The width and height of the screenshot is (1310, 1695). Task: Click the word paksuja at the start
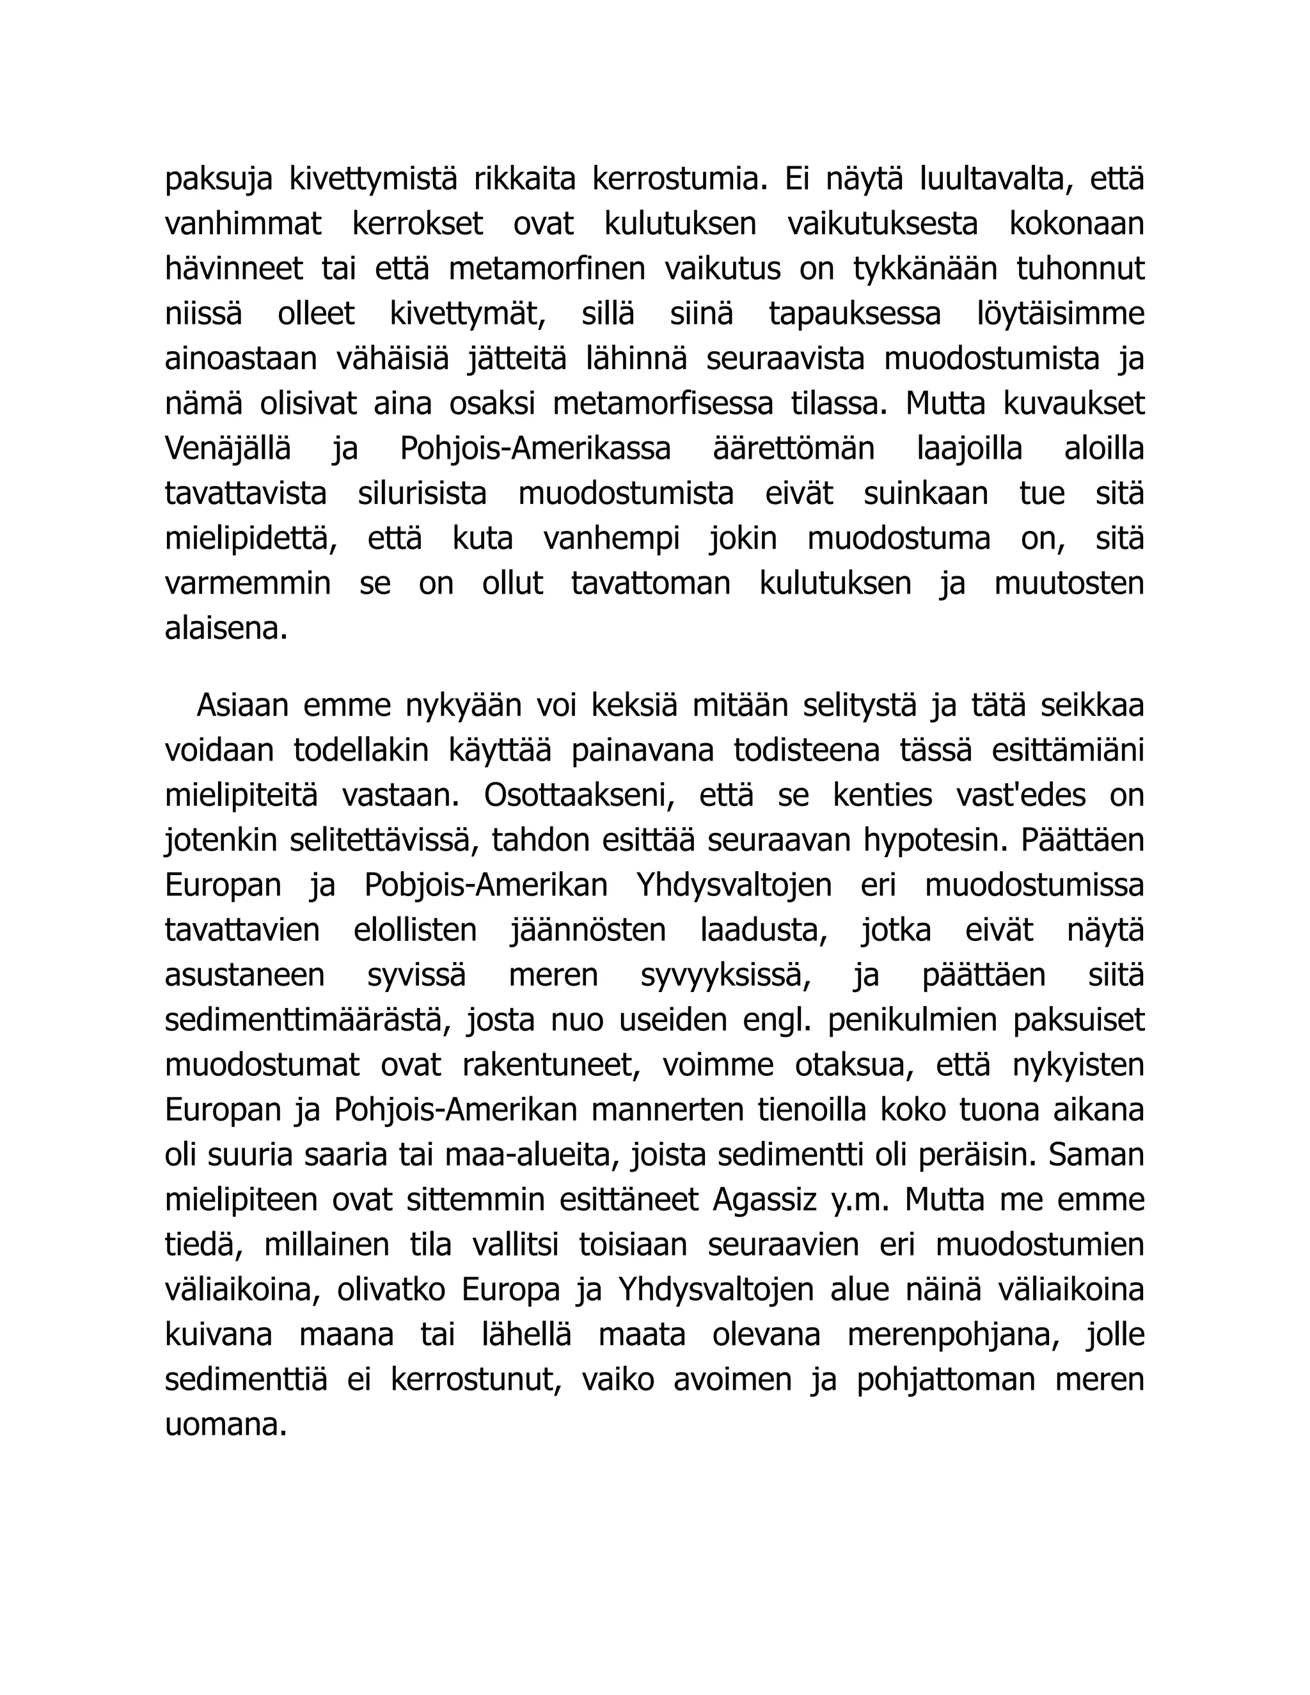(x=218, y=180)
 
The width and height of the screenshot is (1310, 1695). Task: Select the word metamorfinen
(x=547, y=269)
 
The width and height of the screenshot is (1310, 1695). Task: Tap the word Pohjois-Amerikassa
(x=535, y=450)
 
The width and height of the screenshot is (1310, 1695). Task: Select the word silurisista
(x=422, y=494)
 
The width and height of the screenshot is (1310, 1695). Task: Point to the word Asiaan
(x=242, y=706)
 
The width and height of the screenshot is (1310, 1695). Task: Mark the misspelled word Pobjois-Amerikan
(x=486, y=885)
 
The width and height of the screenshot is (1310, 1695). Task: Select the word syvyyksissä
(x=725, y=975)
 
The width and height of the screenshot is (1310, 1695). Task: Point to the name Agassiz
(x=764, y=1200)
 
